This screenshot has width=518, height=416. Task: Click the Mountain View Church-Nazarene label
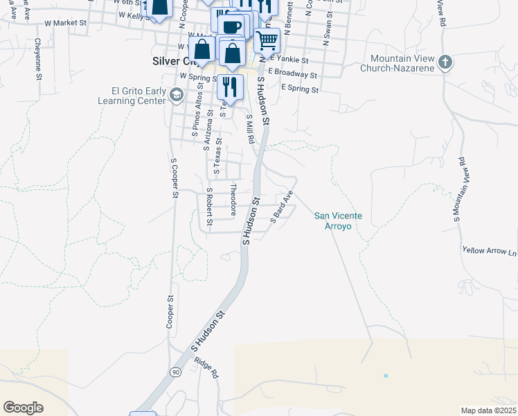(402, 63)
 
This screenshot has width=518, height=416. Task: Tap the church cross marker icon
(445, 62)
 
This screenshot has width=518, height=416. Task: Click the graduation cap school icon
(177, 94)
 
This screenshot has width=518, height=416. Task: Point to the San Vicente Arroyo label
(338, 220)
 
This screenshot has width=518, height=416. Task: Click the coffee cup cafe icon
(232, 26)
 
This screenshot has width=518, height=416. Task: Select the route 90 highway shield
(177, 372)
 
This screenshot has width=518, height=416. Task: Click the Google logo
(23, 408)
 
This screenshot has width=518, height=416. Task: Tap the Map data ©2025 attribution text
(488, 410)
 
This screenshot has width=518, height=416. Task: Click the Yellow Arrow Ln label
(490, 250)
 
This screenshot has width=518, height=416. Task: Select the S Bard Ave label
(283, 205)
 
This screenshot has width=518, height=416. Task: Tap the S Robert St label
(208, 208)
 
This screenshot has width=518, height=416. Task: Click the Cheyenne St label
(37, 58)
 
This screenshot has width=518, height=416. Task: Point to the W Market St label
(64, 23)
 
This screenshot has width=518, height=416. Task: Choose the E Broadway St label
(292, 73)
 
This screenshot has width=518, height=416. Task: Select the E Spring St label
(300, 89)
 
